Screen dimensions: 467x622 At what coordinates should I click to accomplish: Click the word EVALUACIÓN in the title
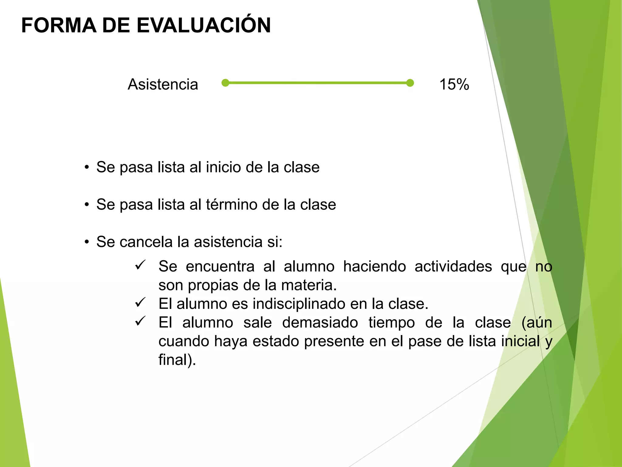pos(203,26)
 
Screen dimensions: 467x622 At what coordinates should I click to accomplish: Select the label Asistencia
pos(163,84)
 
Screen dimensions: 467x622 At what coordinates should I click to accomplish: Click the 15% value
pos(454,84)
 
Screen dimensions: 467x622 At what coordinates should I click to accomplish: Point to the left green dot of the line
pos(225,83)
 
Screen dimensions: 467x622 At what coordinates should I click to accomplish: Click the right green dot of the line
pos(410,83)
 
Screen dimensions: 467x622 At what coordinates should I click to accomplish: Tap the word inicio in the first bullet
pos(223,167)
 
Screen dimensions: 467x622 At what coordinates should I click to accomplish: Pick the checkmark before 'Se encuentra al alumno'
pos(140,265)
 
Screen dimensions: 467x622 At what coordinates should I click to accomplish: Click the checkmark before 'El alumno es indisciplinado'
pos(140,303)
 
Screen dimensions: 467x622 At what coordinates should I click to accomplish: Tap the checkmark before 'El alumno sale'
pos(140,321)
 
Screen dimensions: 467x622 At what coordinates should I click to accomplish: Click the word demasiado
pos(320,323)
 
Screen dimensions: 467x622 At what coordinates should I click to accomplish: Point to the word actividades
pos(453,267)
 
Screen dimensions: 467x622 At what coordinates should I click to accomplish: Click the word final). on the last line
pos(177,360)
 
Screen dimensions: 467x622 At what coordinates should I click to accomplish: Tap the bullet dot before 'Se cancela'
pos(87,242)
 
